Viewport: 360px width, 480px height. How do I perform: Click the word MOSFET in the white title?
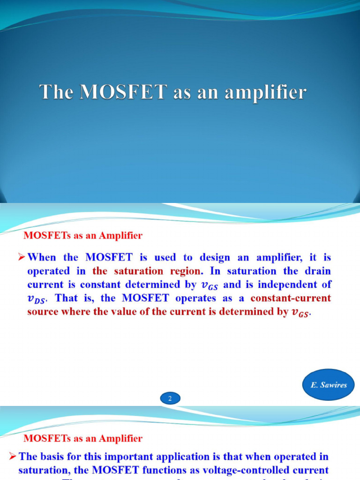pyautogui.click(x=123, y=92)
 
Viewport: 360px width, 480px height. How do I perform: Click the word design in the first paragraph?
pyautogui.click(x=224, y=257)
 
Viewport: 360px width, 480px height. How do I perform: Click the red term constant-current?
pyautogui.click(x=291, y=298)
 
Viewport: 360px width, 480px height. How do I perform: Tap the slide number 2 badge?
pyautogui.click(x=170, y=399)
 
